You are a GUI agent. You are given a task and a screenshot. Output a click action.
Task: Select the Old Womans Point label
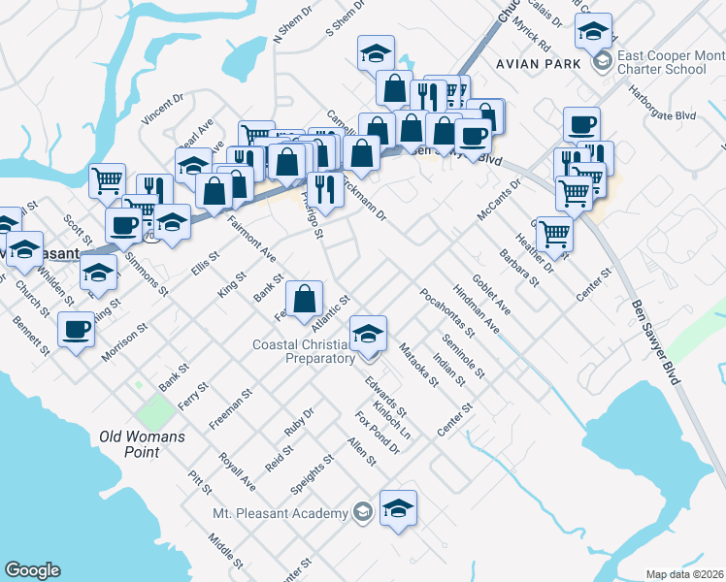(x=142, y=444)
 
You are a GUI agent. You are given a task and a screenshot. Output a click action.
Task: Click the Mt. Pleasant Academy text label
(x=280, y=512)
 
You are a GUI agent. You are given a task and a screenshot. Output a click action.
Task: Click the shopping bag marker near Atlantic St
(x=305, y=301)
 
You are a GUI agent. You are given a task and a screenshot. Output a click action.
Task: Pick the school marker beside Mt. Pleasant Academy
(x=398, y=508)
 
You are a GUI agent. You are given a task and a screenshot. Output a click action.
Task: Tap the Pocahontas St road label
(x=447, y=311)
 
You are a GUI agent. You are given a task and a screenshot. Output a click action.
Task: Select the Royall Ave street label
(x=237, y=470)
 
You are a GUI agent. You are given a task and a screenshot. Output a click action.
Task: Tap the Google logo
(x=31, y=570)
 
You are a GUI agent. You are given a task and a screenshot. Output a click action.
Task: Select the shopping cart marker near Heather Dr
(x=553, y=233)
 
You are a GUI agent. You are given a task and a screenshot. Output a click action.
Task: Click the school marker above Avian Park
(x=593, y=32)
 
